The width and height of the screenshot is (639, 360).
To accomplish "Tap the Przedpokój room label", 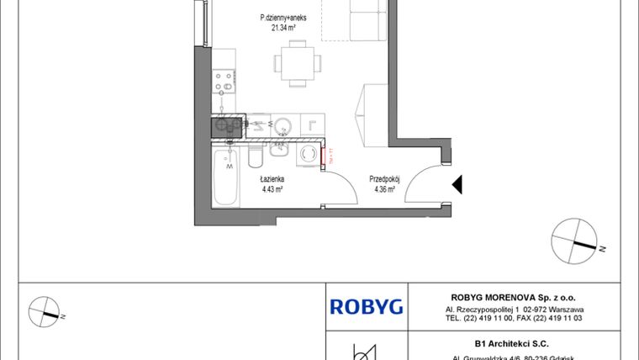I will point(383,179).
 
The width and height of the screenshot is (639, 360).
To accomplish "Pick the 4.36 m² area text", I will point(383,190).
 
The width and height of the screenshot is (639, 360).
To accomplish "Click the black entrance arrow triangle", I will point(458,185).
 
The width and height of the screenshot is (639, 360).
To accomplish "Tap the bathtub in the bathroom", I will point(226,178).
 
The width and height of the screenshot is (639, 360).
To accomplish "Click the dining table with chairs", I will point(296,63).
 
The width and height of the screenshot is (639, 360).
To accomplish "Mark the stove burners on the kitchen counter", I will point(224,82).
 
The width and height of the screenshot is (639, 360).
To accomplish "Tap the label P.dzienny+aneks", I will point(283,16).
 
